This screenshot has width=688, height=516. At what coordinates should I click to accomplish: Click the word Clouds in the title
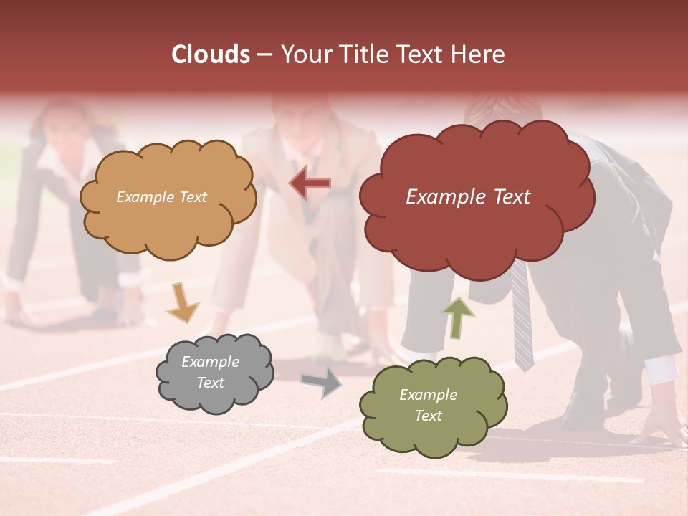(x=211, y=54)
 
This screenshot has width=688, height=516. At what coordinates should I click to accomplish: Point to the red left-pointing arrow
(x=310, y=183)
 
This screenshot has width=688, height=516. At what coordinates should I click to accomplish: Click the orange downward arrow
(x=182, y=301)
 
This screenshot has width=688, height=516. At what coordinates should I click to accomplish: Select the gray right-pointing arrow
(x=321, y=383)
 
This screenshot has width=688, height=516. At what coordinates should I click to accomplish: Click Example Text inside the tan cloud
(x=161, y=197)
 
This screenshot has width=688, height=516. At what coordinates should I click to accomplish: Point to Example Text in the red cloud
(x=468, y=197)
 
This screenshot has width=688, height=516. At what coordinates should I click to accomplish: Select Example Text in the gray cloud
(x=210, y=372)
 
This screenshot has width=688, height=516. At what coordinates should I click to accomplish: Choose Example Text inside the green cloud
(x=428, y=405)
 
